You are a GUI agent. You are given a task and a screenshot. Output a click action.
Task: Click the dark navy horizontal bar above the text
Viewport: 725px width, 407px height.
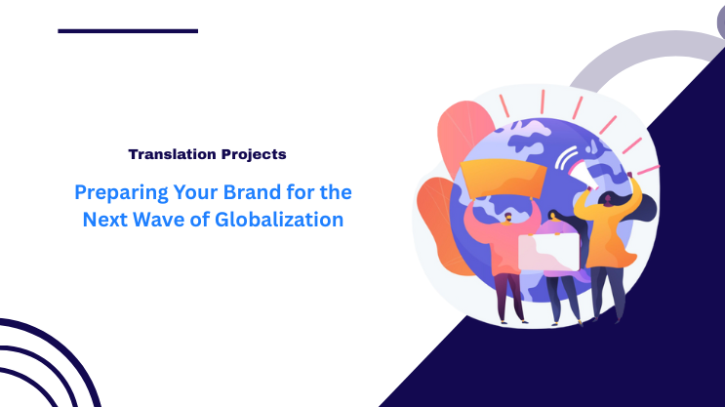click(x=128, y=30)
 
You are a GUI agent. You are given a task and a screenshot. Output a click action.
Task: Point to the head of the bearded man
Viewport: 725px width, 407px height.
click(x=508, y=216)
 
